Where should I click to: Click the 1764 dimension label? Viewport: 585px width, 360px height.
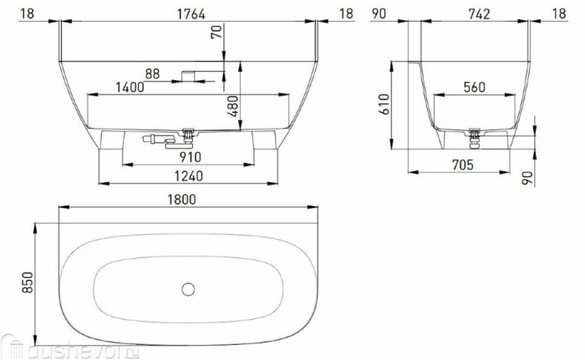187,13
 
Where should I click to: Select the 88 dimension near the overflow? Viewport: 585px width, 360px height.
152,73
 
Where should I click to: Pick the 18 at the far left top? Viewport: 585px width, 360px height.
27,13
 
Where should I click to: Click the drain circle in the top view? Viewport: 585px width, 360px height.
188,290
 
